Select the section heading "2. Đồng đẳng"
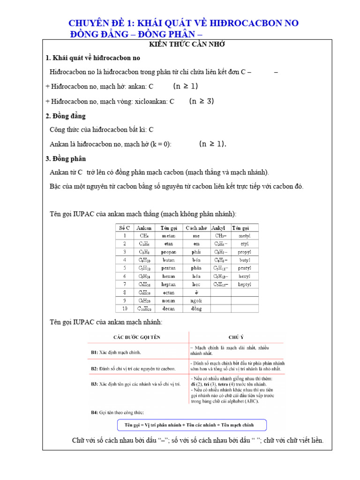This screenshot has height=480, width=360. coord(66,116)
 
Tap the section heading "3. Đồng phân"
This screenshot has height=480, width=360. coord(66,158)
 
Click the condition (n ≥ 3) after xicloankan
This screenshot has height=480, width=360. coord(202,101)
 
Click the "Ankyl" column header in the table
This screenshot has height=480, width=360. coord(221,227)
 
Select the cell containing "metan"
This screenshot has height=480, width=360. coord(168,236)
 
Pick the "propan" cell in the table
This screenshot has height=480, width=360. coord(168,252)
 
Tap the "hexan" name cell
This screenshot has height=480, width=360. coord(168,276)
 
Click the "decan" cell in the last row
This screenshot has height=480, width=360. coord(168,308)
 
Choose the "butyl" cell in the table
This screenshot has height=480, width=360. coord(244,260)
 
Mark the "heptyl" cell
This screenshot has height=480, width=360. coord(244,284)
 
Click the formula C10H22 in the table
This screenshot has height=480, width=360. coord(144,308)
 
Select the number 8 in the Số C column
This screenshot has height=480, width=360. coord(125,292)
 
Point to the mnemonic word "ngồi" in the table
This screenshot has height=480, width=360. coord(196,300)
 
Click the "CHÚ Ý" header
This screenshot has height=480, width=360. coord(235,337)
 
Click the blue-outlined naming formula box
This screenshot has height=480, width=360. coord(192,425)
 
